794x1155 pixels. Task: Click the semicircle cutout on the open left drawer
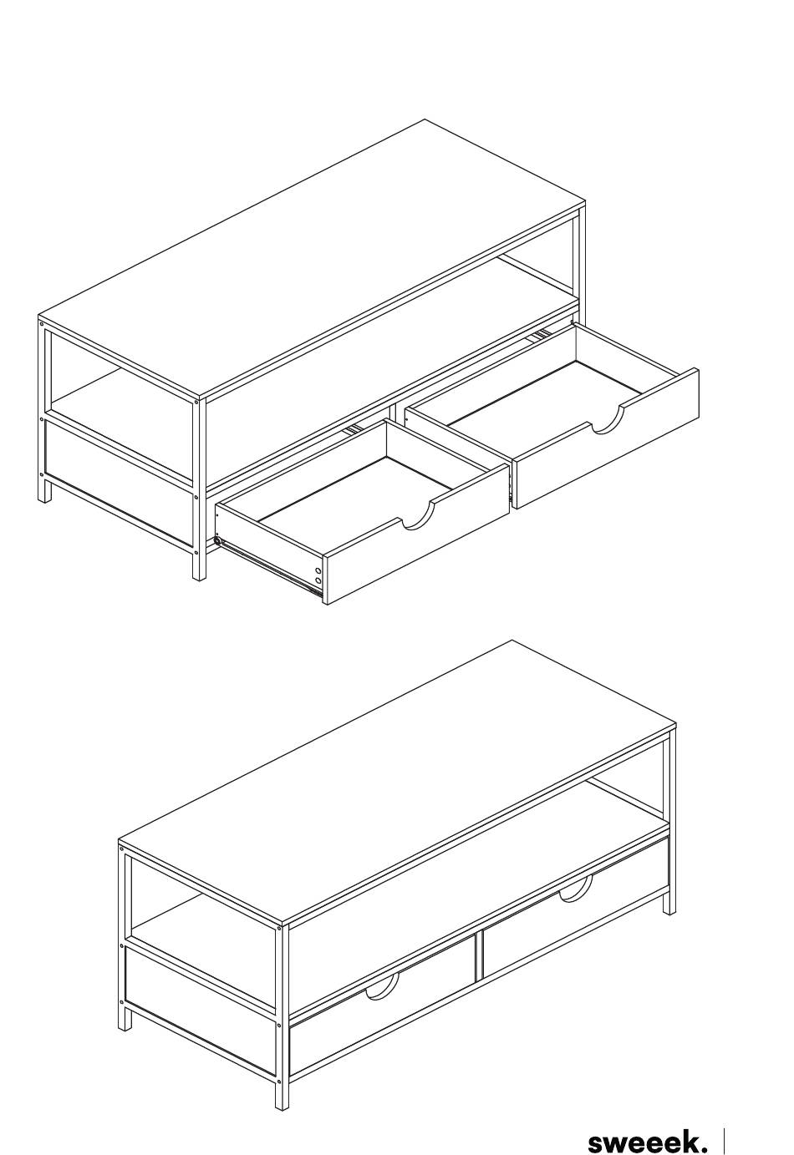[x=419, y=519]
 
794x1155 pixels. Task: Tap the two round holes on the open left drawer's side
[x=318, y=576]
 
